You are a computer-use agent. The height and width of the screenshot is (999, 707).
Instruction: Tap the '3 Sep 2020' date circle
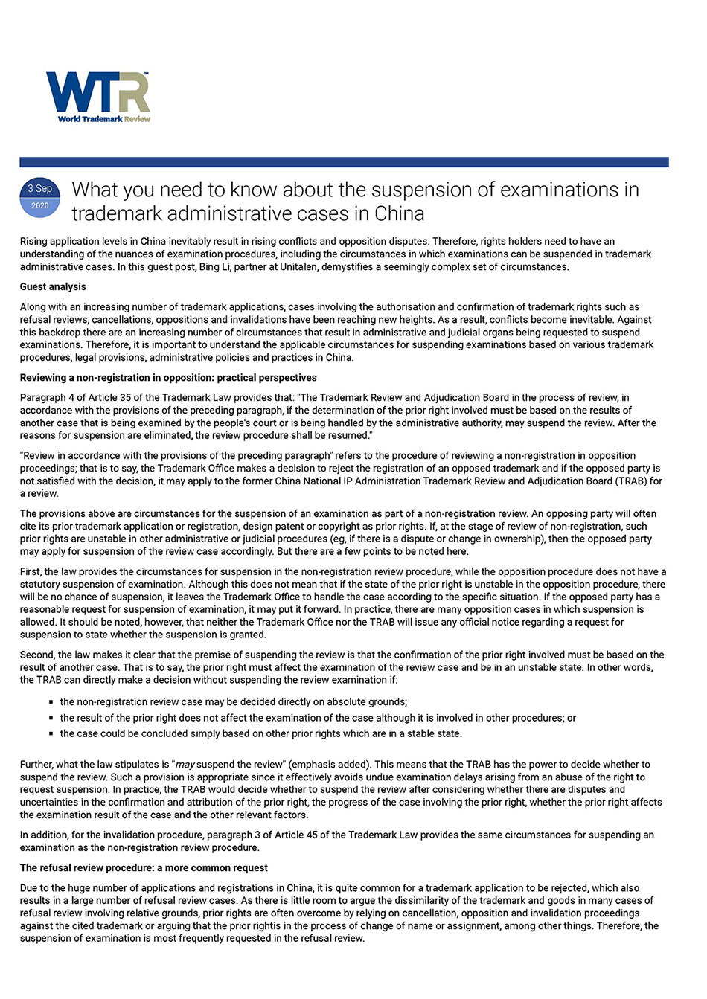click(40, 197)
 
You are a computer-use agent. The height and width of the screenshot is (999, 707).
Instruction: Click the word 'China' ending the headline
click(399, 214)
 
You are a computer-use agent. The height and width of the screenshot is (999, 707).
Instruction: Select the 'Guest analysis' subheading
click(53, 287)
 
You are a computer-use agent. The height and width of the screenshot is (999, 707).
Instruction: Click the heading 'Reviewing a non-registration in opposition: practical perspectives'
click(168, 378)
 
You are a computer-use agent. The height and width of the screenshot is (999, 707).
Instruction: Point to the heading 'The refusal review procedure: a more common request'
click(144, 868)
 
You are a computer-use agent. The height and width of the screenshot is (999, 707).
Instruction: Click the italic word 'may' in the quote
click(185, 765)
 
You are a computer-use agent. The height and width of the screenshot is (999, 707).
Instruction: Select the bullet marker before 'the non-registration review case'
click(51, 702)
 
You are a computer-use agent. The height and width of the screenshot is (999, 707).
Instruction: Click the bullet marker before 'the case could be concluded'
click(51, 734)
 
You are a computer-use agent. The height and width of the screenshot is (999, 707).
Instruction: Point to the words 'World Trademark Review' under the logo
click(104, 119)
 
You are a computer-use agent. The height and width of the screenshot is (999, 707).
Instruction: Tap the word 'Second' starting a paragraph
click(36, 655)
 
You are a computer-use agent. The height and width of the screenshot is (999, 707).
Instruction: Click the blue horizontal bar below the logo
click(344, 162)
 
